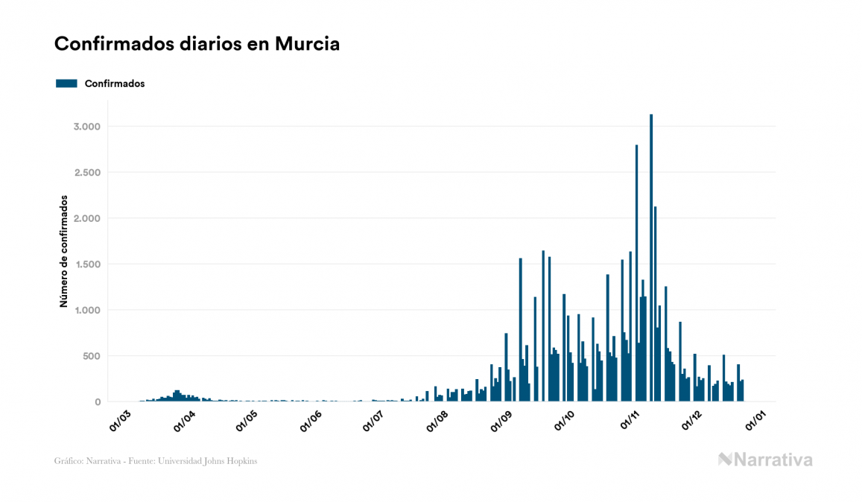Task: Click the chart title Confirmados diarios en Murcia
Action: click(197, 44)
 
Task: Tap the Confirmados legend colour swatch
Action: click(66, 83)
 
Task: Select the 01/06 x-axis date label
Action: click(311, 419)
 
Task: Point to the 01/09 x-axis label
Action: click(504, 419)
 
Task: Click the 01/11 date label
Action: click(631, 419)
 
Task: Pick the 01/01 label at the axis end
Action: click(759, 419)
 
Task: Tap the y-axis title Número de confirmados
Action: click(64, 252)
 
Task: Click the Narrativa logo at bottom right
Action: click(765, 460)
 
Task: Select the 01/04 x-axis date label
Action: click(184, 419)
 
